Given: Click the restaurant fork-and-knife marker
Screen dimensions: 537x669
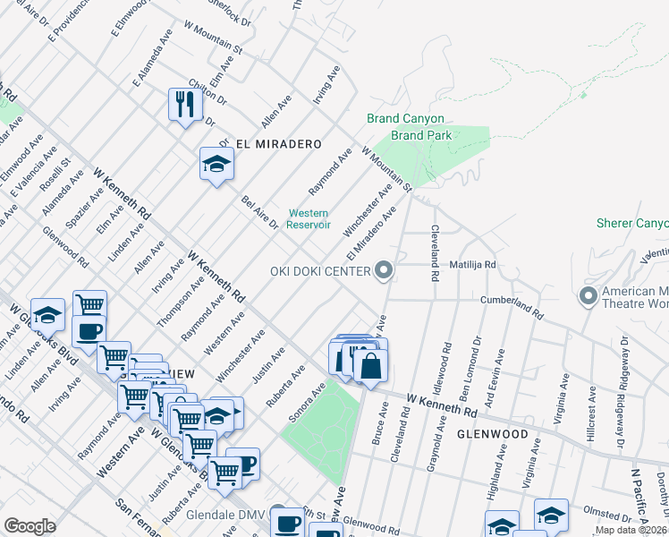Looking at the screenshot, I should [185, 105].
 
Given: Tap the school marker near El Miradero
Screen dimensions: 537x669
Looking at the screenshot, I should [216, 164].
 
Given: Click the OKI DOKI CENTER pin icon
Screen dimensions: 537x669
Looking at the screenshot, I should [385, 270].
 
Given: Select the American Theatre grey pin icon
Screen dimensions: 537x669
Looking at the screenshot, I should [589, 294].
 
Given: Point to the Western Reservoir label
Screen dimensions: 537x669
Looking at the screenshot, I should [308, 218].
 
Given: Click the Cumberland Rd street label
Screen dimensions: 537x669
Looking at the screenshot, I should [512, 306].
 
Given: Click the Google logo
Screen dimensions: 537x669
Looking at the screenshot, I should [30, 526].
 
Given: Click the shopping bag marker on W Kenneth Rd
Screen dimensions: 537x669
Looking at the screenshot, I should [369, 364].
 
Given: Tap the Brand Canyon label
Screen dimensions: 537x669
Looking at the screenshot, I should [405, 119].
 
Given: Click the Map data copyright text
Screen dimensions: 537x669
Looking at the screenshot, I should [631, 530].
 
